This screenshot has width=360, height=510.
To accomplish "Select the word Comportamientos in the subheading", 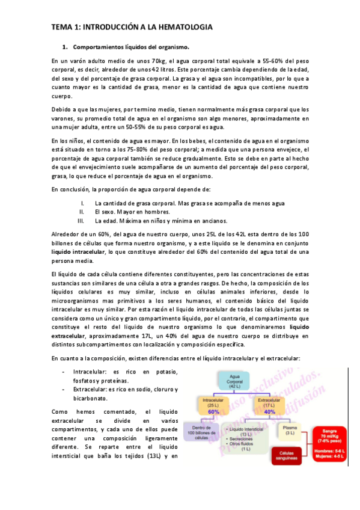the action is click(x=98, y=46).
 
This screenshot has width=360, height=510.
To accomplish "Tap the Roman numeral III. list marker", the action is click(x=82, y=221).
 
